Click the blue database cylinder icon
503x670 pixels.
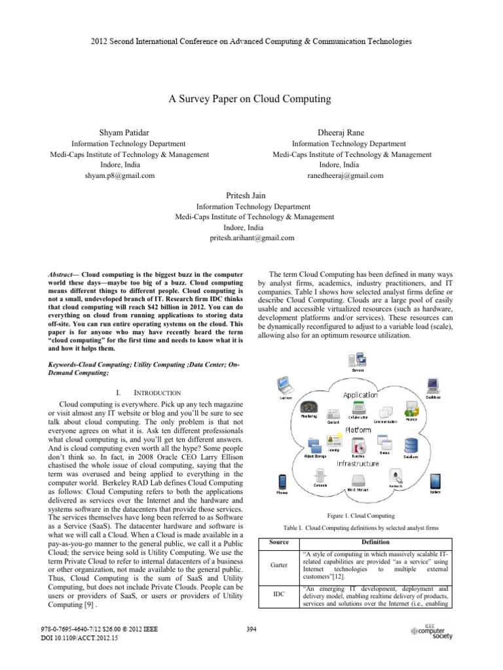[411, 445]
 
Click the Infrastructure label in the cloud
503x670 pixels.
[358, 463]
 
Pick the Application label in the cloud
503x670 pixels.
[360, 395]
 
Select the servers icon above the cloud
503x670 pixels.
[359, 359]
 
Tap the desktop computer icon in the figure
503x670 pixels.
[434, 385]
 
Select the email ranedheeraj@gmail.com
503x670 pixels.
[345, 175]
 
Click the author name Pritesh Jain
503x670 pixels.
[251, 195]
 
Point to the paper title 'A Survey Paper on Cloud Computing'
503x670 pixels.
[251, 99]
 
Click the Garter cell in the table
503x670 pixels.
[280, 566]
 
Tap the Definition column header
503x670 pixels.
[375, 542]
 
